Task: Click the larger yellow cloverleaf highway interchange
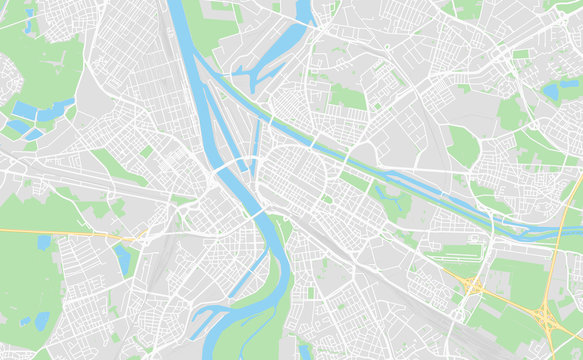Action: tap(546, 318)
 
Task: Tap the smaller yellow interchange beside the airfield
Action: tap(472, 287)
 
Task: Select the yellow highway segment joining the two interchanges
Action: tap(510, 303)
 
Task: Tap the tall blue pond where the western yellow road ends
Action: tap(122, 259)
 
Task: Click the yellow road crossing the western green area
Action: tap(60, 234)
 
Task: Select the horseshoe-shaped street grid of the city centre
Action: tap(290, 175)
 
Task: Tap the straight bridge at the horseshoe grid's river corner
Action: tap(258, 213)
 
